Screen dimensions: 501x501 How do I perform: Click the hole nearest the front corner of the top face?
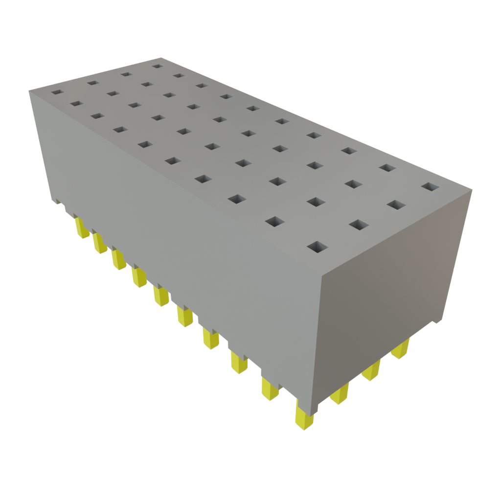click(x=318, y=247)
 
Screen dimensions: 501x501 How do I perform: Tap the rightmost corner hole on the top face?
click(x=430, y=187)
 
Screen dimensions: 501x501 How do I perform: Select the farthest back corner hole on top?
click(x=157, y=66)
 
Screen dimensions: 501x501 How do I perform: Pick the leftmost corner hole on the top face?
click(x=57, y=92)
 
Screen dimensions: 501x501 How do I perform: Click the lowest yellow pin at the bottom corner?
click(x=304, y=418)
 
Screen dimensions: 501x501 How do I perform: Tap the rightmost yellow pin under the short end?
click(x=401, y=349)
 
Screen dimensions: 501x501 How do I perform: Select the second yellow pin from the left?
click(x=99, y=243)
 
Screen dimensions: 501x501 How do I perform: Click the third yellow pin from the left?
click(x=118, y=259)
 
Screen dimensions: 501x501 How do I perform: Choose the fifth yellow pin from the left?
click(x=160, y=296)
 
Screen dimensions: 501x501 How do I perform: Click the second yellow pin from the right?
click(x=371, y=370)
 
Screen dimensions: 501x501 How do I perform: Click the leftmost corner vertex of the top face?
click(x=28, y=90)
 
